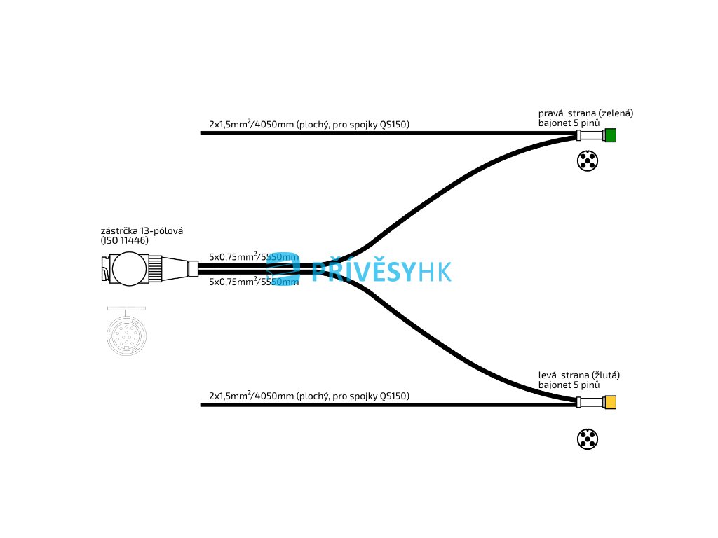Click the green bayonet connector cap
tap(610, 135)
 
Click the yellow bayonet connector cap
tap(610, 402)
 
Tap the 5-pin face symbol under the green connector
tap(587, 161)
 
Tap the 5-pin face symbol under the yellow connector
tap(587, 439)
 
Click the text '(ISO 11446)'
tap(125, 240)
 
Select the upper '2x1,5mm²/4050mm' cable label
tap(309, 125)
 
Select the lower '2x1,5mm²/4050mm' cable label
tap(309, 396)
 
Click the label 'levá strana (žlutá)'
tap(579, 375)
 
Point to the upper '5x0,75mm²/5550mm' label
tap(254, 257)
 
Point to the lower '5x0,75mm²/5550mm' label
tap(254, 282)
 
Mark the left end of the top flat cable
tap(203, 132)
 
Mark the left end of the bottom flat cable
tap(203, 405)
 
